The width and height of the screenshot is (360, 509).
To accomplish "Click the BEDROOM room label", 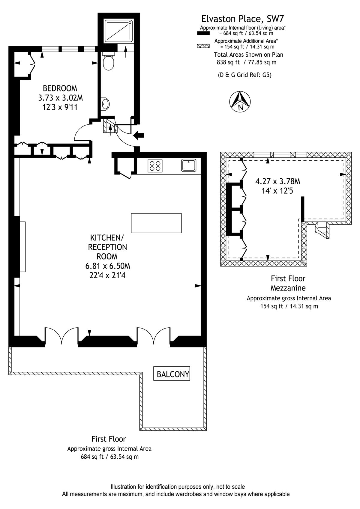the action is (x=60, y=88).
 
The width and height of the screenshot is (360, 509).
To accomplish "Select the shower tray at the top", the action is (x=118, y=31).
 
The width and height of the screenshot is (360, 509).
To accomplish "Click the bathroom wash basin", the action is (x=105, y=104).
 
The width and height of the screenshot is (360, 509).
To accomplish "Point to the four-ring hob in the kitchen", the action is (x=155, y=166).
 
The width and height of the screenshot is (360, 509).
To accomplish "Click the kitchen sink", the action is (x=189, y=165).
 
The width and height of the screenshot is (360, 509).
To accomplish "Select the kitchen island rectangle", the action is (x=156, y=223).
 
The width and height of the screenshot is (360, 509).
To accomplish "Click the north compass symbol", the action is (x=240, y=102).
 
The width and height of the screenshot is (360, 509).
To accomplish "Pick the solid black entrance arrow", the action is (x=139, y=136).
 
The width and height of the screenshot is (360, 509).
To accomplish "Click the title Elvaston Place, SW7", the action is (x=243, y=19).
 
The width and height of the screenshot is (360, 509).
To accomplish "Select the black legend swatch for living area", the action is (x=203, y=33).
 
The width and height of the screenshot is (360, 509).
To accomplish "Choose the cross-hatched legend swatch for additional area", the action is (x=203, y=46).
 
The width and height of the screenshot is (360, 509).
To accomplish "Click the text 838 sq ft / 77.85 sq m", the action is (x=247, y=62).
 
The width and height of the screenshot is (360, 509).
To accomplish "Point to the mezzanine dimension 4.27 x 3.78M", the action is (x=278, y=181).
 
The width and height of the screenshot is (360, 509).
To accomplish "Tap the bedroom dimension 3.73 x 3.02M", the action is (x=61, y=98).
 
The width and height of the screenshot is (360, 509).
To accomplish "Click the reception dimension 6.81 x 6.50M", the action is (x=108, y=266).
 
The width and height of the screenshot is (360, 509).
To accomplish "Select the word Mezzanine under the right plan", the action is (x=288, y=288).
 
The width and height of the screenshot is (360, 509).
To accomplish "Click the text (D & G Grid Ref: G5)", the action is (x=245, y=75).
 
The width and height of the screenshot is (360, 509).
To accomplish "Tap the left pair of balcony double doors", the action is (x=61, y=336).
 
